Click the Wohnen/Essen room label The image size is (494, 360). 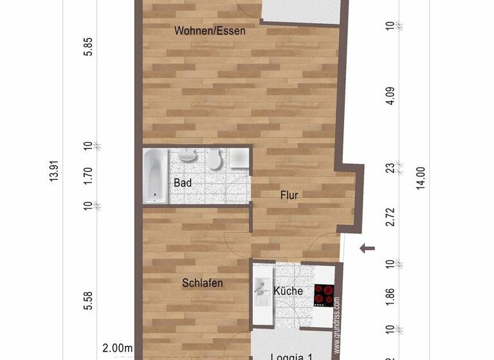click(210, 30)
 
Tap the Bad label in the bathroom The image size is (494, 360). click(183, 183)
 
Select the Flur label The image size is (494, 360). click(289, 195)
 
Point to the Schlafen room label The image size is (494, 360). click(202, 283)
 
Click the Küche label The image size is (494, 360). click(288, 291)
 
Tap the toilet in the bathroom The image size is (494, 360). click(214, 158)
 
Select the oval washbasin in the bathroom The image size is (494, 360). click(187, 156)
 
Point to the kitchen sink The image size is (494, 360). click(262, 290)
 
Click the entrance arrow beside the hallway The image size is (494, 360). click(367, 248)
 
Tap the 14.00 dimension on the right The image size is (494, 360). click(421, 177)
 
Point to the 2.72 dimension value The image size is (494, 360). click(389, 217)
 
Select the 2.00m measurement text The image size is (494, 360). click(118, 348)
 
